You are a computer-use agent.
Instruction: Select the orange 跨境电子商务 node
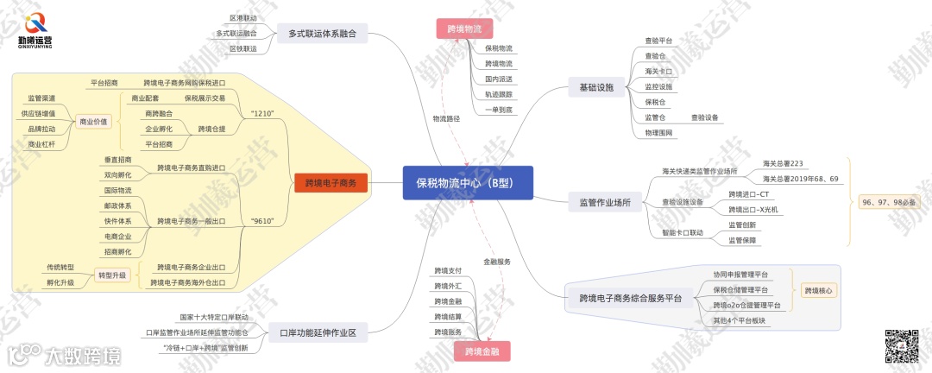point(331,183)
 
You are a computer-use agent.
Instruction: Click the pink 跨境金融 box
point(482,351)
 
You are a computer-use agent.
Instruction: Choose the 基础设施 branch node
point(596,87)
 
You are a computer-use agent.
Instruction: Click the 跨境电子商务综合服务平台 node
point(625,299)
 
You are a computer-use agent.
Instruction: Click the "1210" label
point(261,114)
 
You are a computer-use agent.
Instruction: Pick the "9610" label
point(261,221)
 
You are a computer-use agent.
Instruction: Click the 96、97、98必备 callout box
point(890,201)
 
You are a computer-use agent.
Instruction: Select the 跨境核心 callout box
point(817,291)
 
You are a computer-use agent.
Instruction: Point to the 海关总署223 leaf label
point(783,162)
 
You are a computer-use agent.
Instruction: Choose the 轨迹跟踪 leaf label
point(499,94)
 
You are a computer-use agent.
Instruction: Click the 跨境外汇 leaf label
point(448,286)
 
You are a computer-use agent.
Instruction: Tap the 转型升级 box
point(110,275)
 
